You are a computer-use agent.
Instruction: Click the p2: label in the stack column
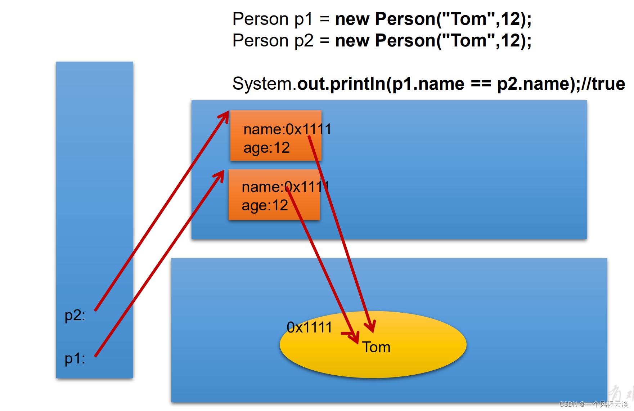[75, 316]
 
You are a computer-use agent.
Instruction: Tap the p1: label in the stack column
[75, 359]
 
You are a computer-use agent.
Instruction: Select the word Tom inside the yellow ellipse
[376, 347]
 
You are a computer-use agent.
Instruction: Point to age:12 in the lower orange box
[265, 206]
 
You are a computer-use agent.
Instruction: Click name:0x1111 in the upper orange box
[287, 129]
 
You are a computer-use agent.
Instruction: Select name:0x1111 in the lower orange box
[285, 187]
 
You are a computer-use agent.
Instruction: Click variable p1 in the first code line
[303, 19]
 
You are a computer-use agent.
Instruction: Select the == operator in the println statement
[481, 84]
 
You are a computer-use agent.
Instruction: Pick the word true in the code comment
[608, 84]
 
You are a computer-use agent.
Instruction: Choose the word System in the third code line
[262, 84]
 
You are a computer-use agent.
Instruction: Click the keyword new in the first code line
[352, 19]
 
